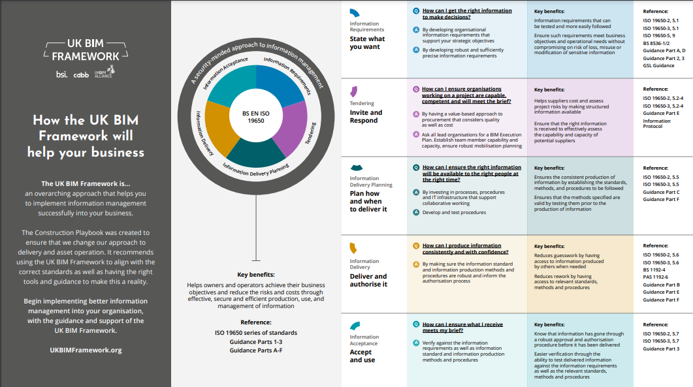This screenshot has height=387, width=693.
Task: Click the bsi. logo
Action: pos(62,74)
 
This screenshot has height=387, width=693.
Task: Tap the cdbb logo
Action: pos(81,75)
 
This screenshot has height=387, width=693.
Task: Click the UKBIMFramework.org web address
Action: pos(86,350)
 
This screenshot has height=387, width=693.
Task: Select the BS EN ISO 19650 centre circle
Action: pos(256,117)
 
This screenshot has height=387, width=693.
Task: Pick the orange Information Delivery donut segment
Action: pos(219,128)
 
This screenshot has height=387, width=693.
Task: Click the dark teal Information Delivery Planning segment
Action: pos(256,154)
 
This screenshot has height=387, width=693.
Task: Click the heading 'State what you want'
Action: pos(367,43)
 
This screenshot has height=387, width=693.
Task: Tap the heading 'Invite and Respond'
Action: pos(366,117)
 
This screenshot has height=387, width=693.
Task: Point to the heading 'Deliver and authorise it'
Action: pos(368,280)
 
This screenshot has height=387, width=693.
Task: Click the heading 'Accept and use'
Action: pos(363,356)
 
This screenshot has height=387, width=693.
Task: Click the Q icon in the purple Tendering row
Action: pos(416,89)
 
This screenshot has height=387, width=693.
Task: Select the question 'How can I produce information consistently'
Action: pos(466,249)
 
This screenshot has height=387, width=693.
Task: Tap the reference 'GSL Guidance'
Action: pos(658,66)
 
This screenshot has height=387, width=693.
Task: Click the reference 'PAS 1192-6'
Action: pos(655,277)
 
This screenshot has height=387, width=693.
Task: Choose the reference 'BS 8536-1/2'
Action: pos(656,43)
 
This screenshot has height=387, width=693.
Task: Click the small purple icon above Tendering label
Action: pos(353,91)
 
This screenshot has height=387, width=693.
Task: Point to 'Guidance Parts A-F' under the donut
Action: pos(256,350)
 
